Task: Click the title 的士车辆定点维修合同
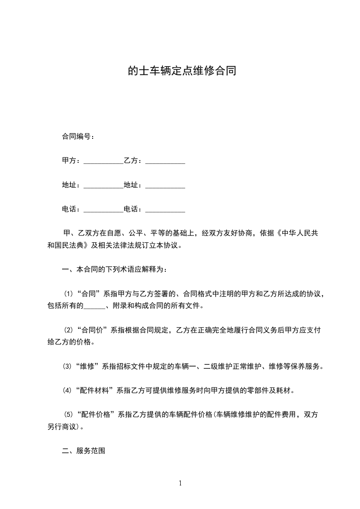pyautogui.click(x=182, y=71)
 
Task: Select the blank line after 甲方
pyautogui.click(x=104, y=161)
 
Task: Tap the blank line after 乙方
pyautogui.click(x=165, y=161)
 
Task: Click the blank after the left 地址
pyautogui.click(x=104, y=186)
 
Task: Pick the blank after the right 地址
pyautogui.click(x=165, y=186)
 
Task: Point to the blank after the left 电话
pyautogui.click(x=104, y=210)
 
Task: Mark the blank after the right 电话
pyautogui.click(x=165, y=210)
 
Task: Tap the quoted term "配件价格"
pyautogui.click(x=97, y=415)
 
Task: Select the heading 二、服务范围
pyautogui.click(x=84, y=451)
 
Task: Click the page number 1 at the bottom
pyautogui.click(x=180, y=483)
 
